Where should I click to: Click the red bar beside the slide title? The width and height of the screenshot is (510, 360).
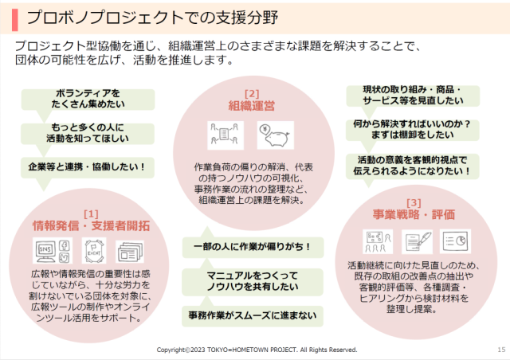[14, 20]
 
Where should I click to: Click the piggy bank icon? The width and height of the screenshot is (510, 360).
[276, 135]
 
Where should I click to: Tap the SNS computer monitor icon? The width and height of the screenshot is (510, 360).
[53, 250]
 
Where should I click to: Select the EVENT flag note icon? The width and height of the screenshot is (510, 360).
[94, 250]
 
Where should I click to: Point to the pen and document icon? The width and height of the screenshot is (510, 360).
[418, 241]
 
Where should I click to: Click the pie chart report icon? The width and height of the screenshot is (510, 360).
[455, 241]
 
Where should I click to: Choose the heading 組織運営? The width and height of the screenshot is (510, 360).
[252, 106]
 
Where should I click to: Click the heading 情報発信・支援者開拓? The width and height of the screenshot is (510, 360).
[91, 225]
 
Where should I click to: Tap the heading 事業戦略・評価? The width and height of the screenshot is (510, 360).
[414, 214]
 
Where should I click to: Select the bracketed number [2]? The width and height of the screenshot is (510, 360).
[252, 94]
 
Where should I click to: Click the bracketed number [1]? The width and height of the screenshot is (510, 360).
[91, 214]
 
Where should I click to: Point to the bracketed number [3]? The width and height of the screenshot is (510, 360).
[414, 203]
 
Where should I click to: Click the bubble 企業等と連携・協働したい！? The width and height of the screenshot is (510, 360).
[87, 167]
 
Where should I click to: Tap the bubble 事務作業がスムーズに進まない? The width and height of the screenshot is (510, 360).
[253, 315]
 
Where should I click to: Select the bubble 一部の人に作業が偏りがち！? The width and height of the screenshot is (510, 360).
[253, 247]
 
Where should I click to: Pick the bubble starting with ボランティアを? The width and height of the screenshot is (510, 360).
[88, 100]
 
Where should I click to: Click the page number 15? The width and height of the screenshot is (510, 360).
[501, 350]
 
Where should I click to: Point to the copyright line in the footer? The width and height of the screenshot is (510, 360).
[257, 350]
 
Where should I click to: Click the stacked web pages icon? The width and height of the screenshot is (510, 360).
[130, 252]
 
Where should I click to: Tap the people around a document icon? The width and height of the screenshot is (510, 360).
[225, 135]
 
